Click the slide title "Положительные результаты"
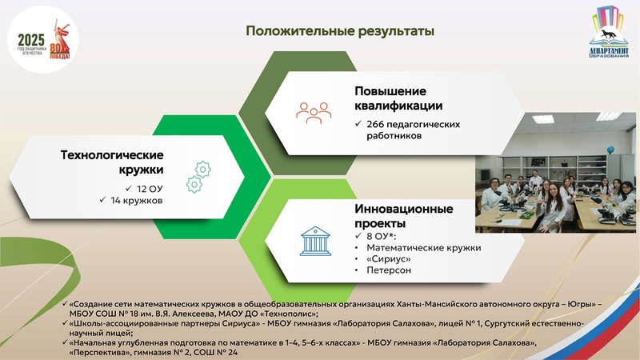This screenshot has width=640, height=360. point(340,31)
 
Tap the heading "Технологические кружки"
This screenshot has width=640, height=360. point(112,162)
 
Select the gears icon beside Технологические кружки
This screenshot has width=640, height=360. point(198,176)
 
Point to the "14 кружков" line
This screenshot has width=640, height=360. point(136,200)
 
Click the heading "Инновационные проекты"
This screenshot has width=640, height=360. point(403,215)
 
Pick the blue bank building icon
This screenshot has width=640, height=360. point(315,240)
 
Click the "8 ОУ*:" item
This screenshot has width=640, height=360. point(381,236)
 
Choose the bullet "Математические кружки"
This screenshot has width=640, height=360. point(423,248)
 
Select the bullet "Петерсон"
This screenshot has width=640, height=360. point(390,272)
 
